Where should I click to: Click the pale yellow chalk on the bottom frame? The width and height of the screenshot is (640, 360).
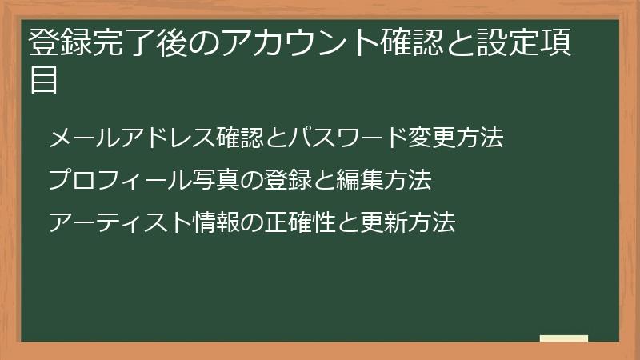click(564, 338)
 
